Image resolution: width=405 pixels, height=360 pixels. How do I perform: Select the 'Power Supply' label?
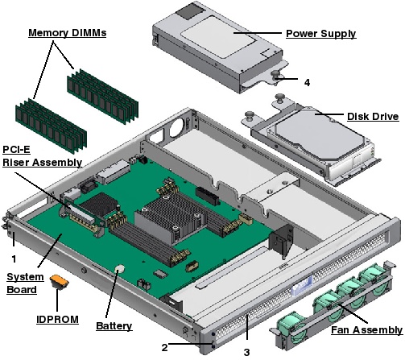click(x=321, y=34)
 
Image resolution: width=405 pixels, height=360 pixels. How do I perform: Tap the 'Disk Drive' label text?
click(x=372, y=116)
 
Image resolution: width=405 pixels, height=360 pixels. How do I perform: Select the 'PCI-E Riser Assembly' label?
click(x=42, y=155)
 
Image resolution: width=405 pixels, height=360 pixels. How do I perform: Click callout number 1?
click(x=12, y=259)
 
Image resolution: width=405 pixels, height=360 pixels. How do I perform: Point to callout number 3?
click(x=247, y=351)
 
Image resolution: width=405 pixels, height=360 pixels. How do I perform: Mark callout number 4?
click(x=307, y=82)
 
